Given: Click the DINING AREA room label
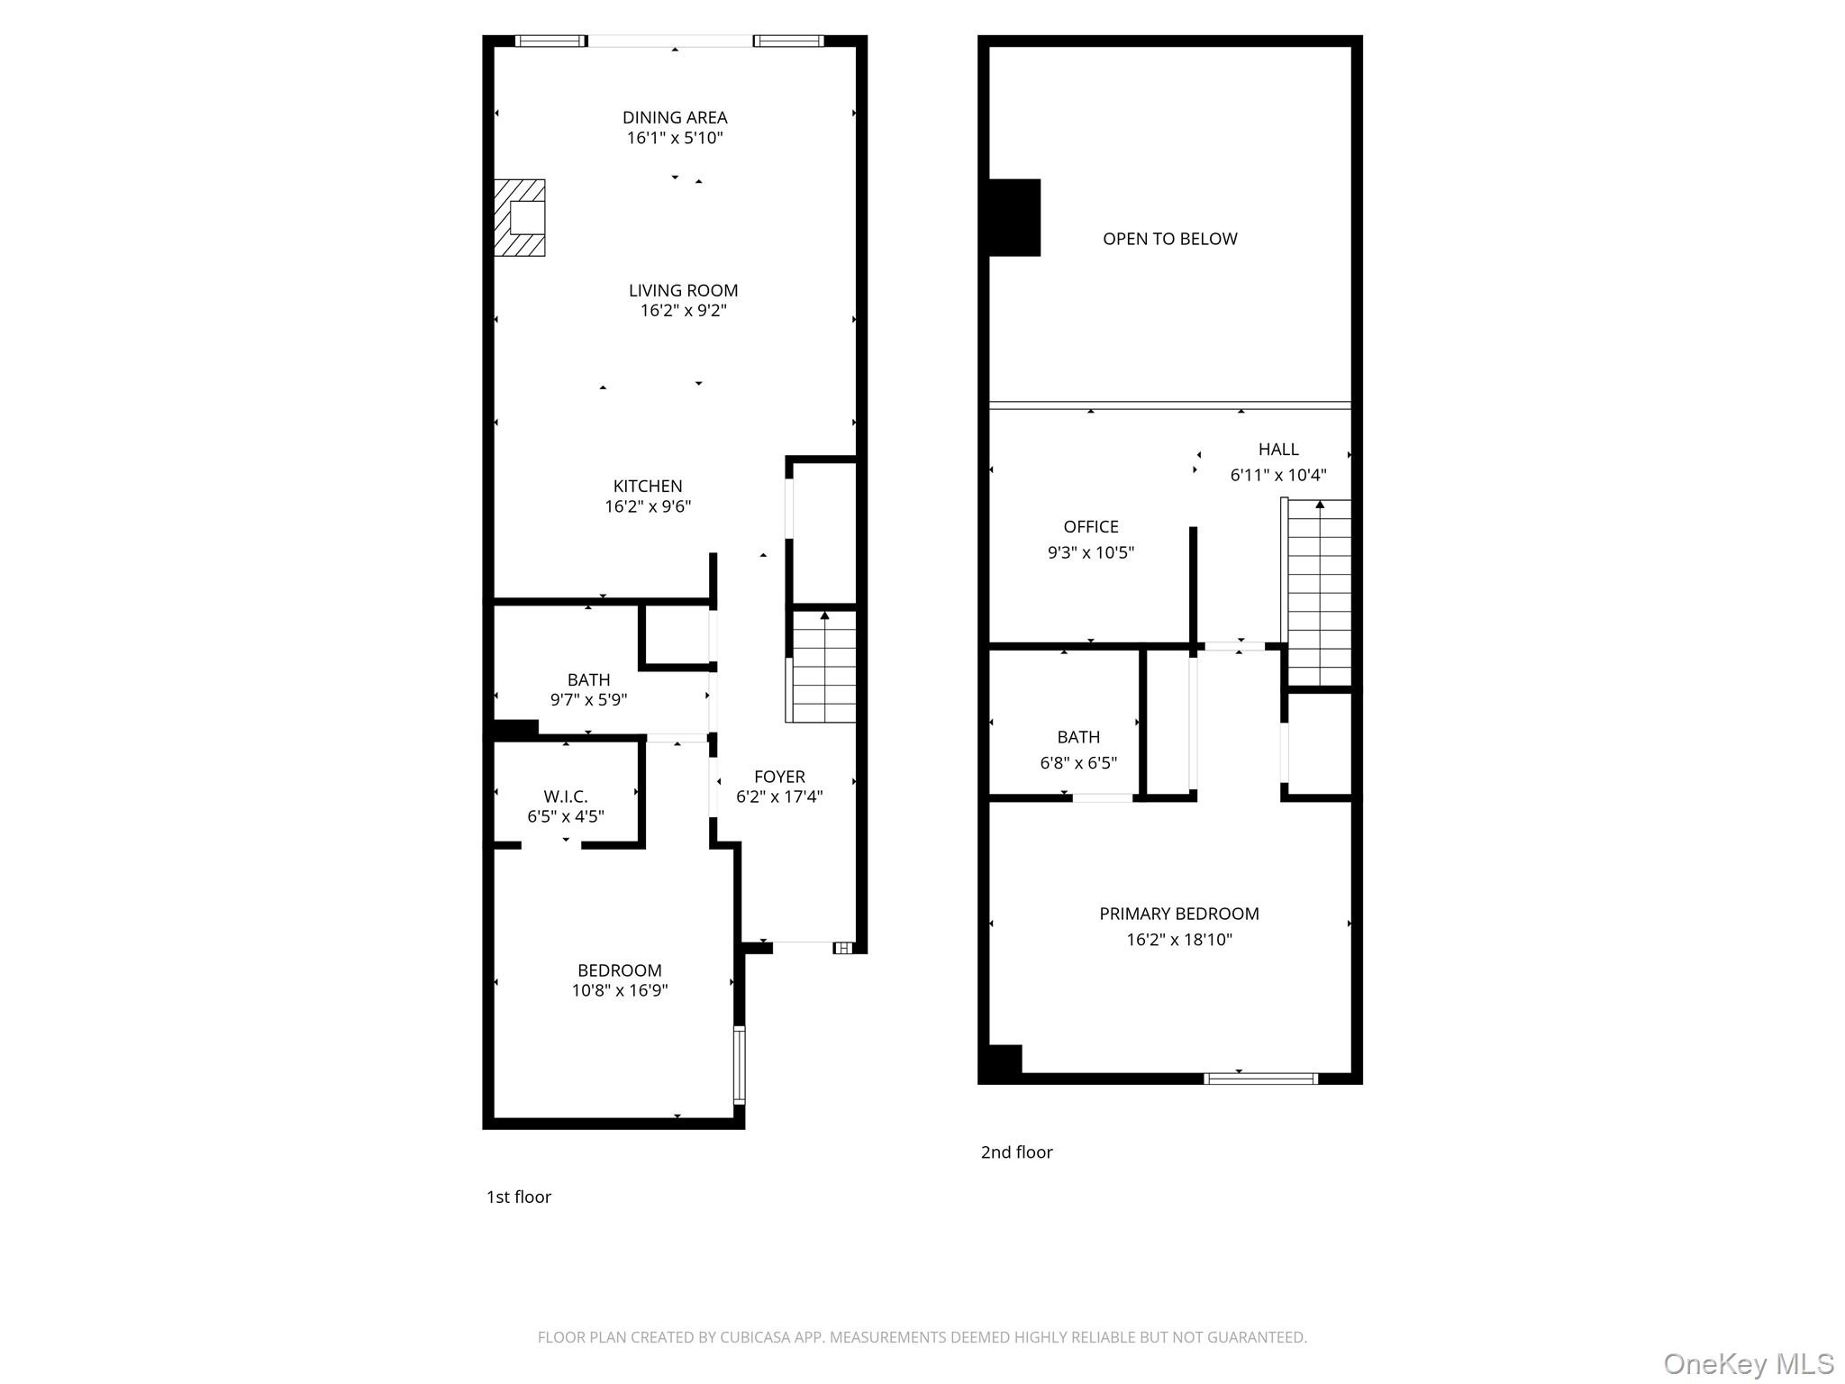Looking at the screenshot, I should pos(675,117).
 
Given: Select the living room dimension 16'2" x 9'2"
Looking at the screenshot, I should pos(683,311).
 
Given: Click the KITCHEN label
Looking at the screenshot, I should pos(648,486).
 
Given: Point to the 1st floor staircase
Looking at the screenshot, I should pos(823,667).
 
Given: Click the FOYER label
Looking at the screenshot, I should pos(779,776).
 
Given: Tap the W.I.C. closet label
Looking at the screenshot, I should pos(565,797).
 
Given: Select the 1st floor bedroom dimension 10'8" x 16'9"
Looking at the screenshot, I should pos(619,990).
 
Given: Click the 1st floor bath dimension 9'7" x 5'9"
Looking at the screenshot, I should pos(588,699).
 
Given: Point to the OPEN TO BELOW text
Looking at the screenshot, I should pos(1169,239).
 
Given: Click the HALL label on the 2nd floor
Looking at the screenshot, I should pos(1277,449).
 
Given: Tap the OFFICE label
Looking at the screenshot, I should pos(1090,526).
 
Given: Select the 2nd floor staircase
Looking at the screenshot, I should pos(1319,595).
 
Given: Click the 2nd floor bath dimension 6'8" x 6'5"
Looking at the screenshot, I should pos(1077,763).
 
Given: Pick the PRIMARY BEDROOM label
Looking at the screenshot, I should pos(1178,914).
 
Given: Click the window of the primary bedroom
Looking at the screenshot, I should pos(1260,1078).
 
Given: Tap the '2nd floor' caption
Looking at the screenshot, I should pos(1016,1152).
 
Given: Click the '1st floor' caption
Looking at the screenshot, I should pos(518,1197).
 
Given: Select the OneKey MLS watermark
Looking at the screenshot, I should pos(1748,1363).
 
